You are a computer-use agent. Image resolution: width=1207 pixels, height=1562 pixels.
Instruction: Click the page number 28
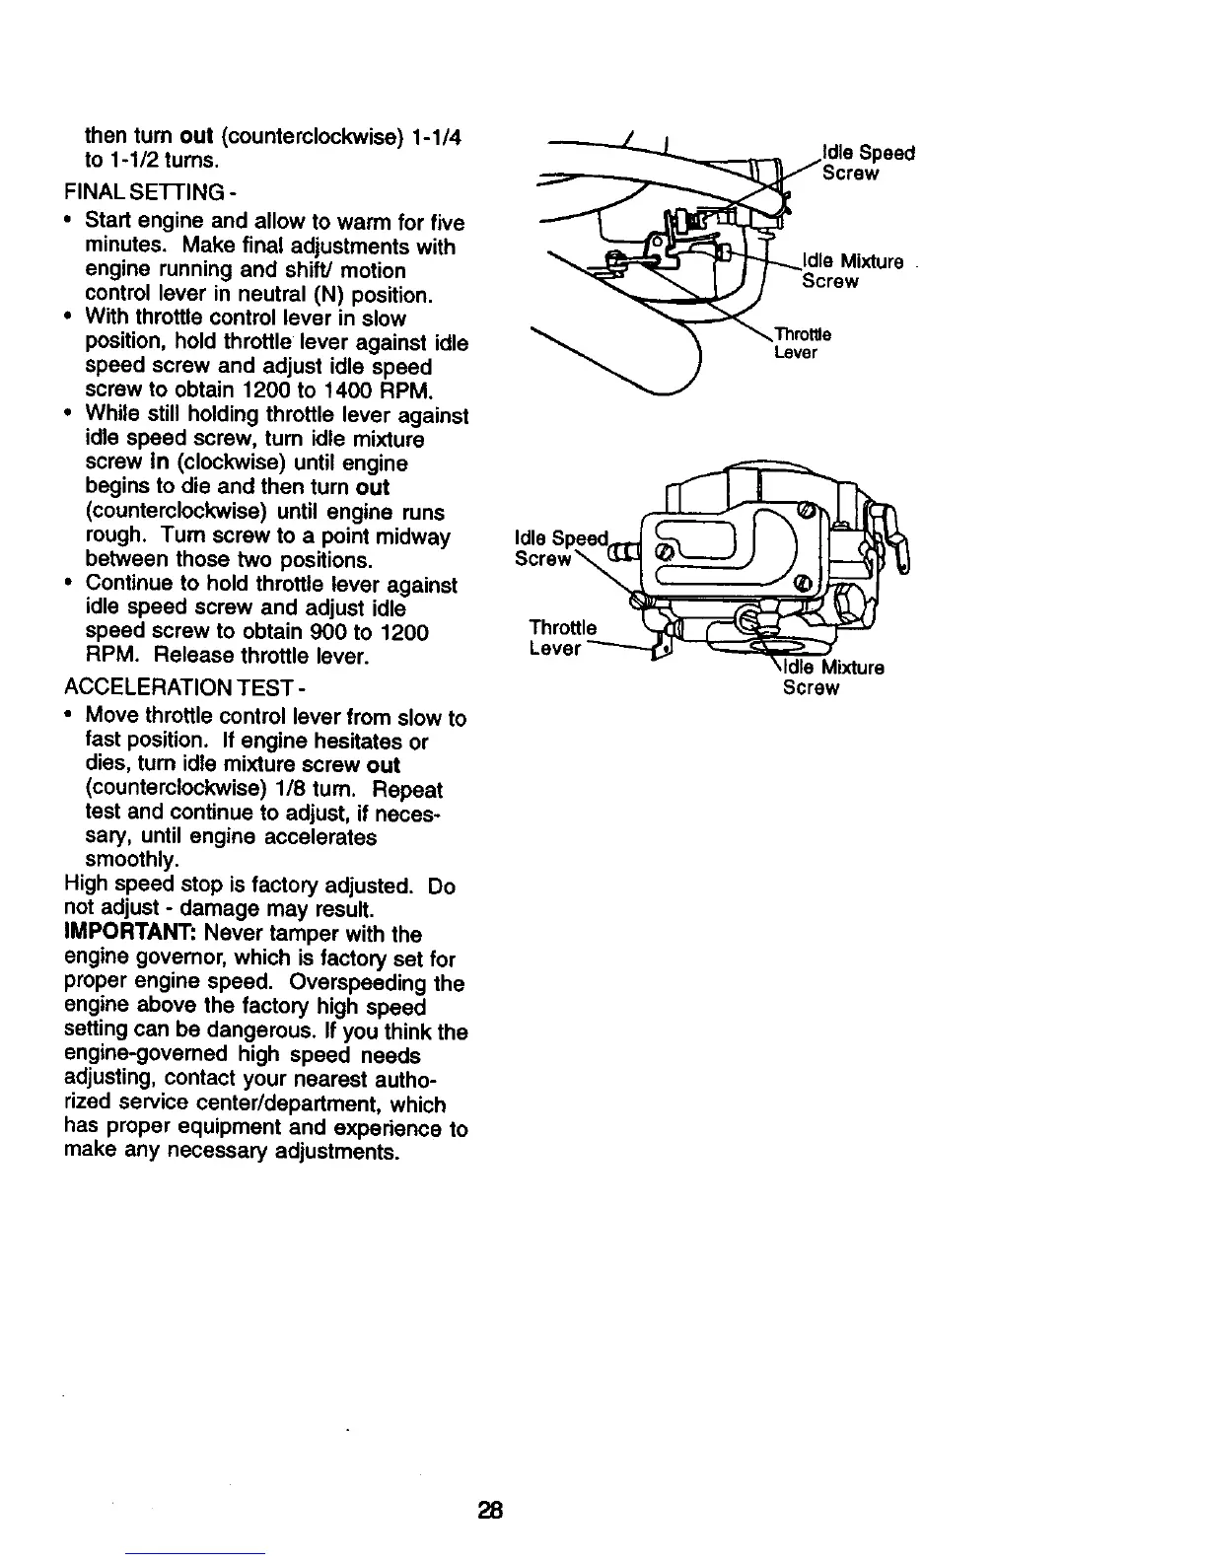click(x=491, y=1509)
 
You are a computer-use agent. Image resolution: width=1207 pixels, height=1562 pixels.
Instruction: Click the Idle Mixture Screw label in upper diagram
click(x=852, y=271)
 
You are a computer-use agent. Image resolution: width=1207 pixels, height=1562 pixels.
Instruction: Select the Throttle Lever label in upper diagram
click(x=802, y=343)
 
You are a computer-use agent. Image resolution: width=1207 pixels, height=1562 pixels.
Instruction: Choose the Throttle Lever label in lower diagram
click(x=562, y=638)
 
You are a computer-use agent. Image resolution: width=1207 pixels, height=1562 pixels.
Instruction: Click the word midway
click(x=411, y=536)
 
